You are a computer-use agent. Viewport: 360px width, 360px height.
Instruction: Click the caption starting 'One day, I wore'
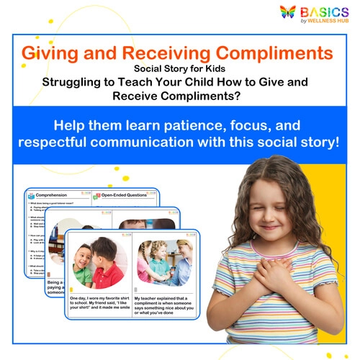[x=98, y=307]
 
